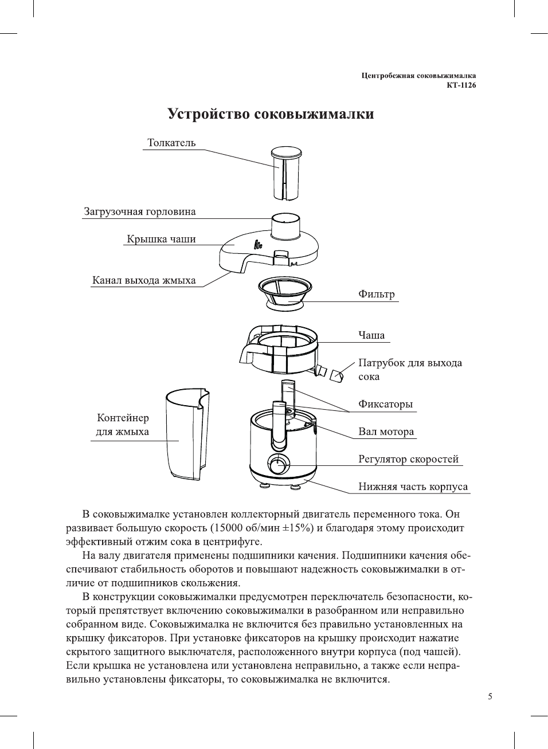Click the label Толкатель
click(x=171, y=143)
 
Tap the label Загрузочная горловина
click(x=140, y=211)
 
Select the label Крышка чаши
click(x=161, y=239)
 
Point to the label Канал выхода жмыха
click(x=144, y=280)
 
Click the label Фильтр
click(x=376, y=294)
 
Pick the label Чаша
click(x=371, y=335)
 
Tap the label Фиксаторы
click(x=385, y=404)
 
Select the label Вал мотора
click(x=386, y=432)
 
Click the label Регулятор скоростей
click(x=408, y=459)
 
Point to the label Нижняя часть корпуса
click(x=413, y=487)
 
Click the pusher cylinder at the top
click(x=285, y=173)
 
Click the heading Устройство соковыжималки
click(x=271, y=114)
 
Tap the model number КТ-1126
click(x=461, y=85)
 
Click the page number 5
click(x=490, y=696)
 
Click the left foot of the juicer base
click(x=265, y=486)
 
